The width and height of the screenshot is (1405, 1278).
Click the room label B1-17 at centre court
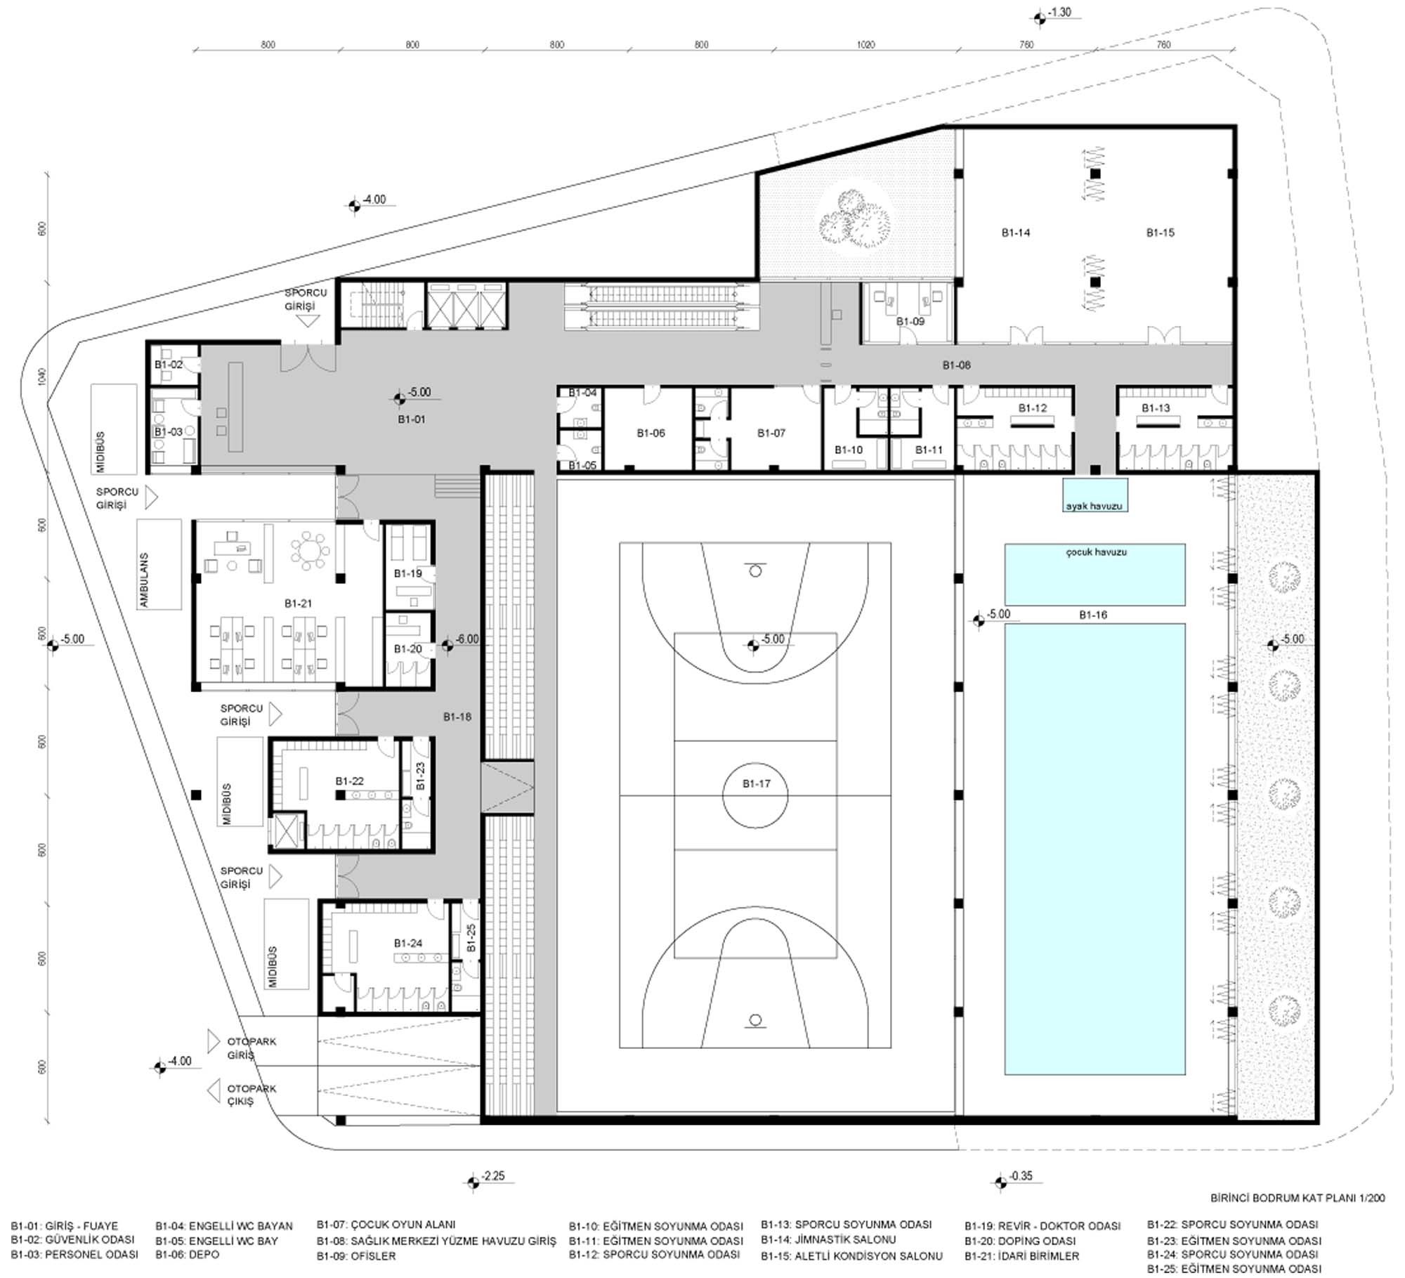tap(756, 783)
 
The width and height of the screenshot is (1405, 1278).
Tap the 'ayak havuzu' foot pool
tap(1094, 495)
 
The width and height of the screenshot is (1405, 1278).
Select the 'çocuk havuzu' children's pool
tap(1094, 575)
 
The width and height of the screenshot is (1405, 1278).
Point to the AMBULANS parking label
tap(144, 580)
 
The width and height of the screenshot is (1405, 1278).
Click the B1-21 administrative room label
tap(298, 604)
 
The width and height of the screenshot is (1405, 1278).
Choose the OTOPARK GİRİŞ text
tap(251, 1048)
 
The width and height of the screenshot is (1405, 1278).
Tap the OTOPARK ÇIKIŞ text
tap(251, 1095)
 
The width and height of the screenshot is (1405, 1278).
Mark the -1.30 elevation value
tap(1059, 13)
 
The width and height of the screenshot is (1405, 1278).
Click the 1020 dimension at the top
tap(865, 45)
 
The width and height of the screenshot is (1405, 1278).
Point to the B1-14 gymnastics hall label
tap(1016, 233)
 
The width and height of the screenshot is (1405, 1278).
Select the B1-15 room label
tap(1160, 233)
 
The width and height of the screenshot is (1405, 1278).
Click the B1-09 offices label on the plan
tap(910, 321)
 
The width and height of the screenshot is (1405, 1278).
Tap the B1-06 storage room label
tap(651, 433)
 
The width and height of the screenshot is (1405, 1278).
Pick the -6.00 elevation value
tap(467, 639)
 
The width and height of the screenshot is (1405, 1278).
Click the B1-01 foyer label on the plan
tap(411, 419)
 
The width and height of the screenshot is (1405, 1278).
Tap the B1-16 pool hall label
tap(1093, 615)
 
